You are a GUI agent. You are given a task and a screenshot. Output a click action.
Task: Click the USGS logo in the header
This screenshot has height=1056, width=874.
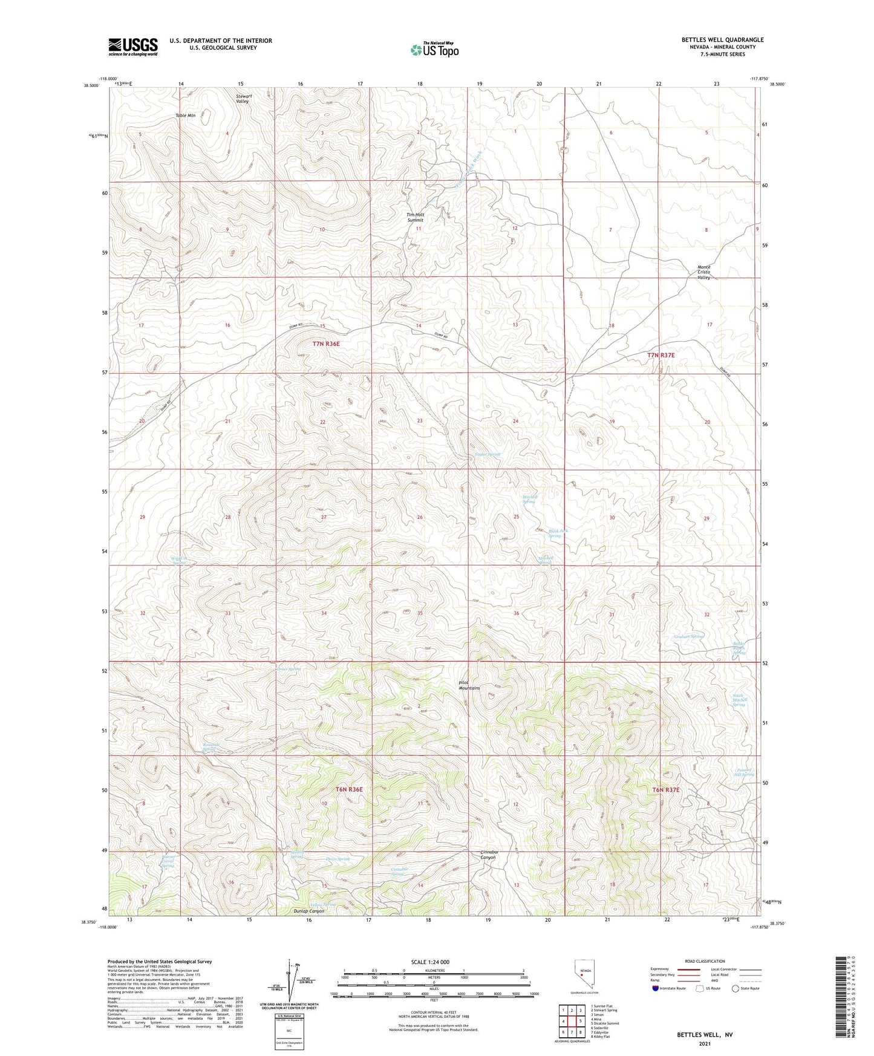pyautogui.click(x=133, y=47)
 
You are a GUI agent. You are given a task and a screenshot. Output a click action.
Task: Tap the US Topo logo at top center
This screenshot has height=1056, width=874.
pyautogui.click(x=434, y=50)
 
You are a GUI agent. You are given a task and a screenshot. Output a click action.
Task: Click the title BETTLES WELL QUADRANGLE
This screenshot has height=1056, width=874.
pyautogui.click(x=722, y=40)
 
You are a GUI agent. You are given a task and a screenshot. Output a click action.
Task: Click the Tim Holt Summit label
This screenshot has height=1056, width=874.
pyautogui.click(x=415, y=217)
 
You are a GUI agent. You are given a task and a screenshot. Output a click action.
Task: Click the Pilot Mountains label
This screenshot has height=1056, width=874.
pyautogui.click(x=469, y=685)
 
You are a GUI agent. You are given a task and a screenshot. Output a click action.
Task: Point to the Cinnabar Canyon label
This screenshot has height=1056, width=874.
pyautogui.click(x=488, y=855)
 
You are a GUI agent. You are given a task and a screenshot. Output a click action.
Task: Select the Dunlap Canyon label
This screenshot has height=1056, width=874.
pyautogui.click(x=309, y=911)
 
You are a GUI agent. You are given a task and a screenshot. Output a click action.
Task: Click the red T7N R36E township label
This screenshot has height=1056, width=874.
pyautogui.click(x=326, y=344)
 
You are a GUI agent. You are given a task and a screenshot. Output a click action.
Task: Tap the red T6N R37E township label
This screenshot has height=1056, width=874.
pyautogui.click(x=666, y=790)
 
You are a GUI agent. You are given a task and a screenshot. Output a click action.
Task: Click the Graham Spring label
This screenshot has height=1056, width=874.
pyautogui.click(x=688, y=636)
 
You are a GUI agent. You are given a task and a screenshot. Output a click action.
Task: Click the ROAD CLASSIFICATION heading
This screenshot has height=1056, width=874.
pyautogui.click(x=705, y=961)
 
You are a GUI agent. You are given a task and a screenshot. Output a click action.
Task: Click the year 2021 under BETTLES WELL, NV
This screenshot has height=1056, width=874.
pyautogui.click(x=704, y=1043)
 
